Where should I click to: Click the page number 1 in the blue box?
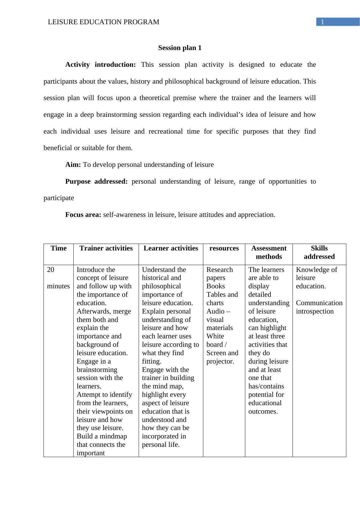pyautogui.click(x=322, y=22)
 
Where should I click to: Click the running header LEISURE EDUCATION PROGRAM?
pyautogui.click(x=104, y=22)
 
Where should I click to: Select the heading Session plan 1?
pyautogui.click(x=180, y=48)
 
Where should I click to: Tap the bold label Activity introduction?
pyautogui.click(x=100, y=65)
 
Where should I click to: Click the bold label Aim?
pyautogui.click(x=73, y=165)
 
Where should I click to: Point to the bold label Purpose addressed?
pyautogui.click(x=96, y=181)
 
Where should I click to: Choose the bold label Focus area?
pyautogui.click(x=83, y=215)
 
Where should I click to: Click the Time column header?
pyautogui.click(x=58, y=248)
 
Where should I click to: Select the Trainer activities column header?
pyautogui.click(x=106, y=248)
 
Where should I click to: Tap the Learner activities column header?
pyautogui.click(x=171, y=248)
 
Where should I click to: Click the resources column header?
pyautogui.click(x=224, y=248)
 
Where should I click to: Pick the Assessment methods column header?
pyautogui.click(x=269, y=252)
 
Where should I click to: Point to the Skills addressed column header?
pyautogui.click(x=319, y=252)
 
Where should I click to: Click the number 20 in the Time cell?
pyautogui.click(x=51, y=270)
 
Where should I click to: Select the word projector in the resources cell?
pyautogui.click(x=220, y=361)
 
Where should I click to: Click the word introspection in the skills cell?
pyautogui.click(x=315, y=311)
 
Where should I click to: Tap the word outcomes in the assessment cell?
pyautogui.click(x=263, y=411)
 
